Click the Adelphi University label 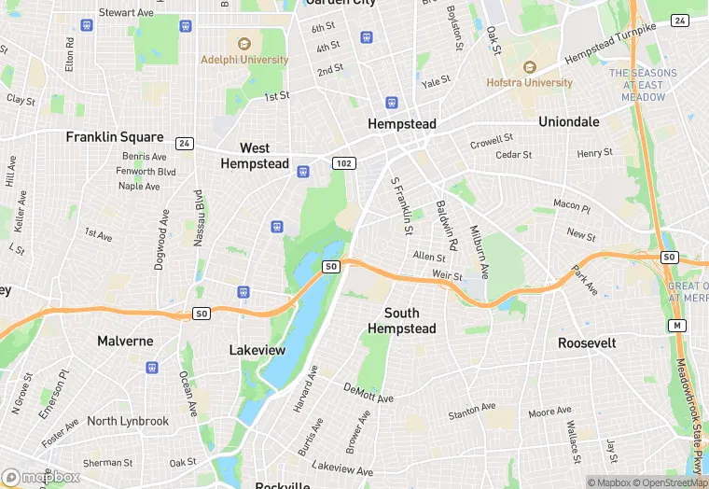(244, 59)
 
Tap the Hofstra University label (529, 82)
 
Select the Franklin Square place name (114, 137)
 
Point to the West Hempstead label (255, 156)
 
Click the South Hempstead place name (401, 320)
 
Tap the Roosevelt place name (587, 343)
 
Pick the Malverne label (125, 342)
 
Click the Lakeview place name (257, 350)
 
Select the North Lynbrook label (128, 421)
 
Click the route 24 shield (185, 144)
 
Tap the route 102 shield (343, 163)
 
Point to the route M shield (676, 326)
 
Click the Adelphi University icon (244, 43)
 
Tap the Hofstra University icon (529, 67)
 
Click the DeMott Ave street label (368, 393)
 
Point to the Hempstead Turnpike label (623, 44)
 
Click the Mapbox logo (40, 476)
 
